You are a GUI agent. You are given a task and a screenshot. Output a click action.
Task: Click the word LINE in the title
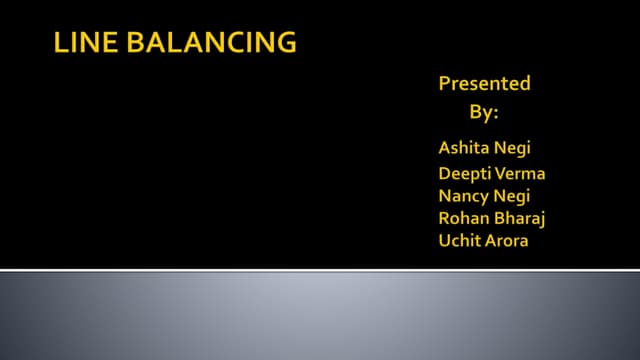(x=78, y=43)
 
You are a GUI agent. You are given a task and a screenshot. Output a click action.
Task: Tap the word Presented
(x=484, y=84)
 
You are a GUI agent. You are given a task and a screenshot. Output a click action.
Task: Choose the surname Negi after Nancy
(x=511, y=195)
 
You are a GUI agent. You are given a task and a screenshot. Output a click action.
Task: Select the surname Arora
(x=508, y=241)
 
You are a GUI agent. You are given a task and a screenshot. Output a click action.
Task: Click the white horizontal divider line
(x=320, y=270)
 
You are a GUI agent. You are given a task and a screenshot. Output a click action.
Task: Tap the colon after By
(x=495, y=111)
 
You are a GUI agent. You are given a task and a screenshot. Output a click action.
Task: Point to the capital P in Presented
(x=445, y=84)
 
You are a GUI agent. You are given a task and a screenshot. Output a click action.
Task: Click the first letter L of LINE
(x=58, y=43)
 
